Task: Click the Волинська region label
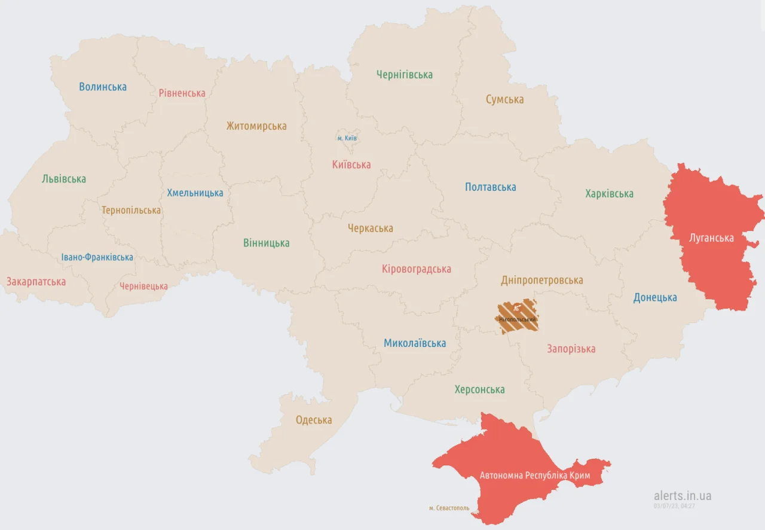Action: tap(103, 87)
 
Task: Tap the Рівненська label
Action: tap(182, 93)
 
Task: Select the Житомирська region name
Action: tap(256, 126)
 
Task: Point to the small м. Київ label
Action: tap(347, 138)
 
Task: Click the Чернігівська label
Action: tap(405, 75)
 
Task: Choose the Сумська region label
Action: tap(504, 100)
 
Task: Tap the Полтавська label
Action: tap(490, 187)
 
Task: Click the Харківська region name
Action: tap(609, 194)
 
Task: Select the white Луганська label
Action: tap(711, 238)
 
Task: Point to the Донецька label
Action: tap(655, 297)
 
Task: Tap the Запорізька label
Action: tap(571, 349)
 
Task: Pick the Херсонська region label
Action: tap(479, 389)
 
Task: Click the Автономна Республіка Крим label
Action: tap(535, 476)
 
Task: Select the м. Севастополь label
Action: tap(449, 508)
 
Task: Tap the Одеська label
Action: tap(314, 420)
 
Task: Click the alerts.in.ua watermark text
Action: tap(683, 496)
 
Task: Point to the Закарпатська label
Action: tap(36, 282)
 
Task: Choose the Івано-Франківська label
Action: tap(97, 257)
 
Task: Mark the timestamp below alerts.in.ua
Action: tap(674, 506)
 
